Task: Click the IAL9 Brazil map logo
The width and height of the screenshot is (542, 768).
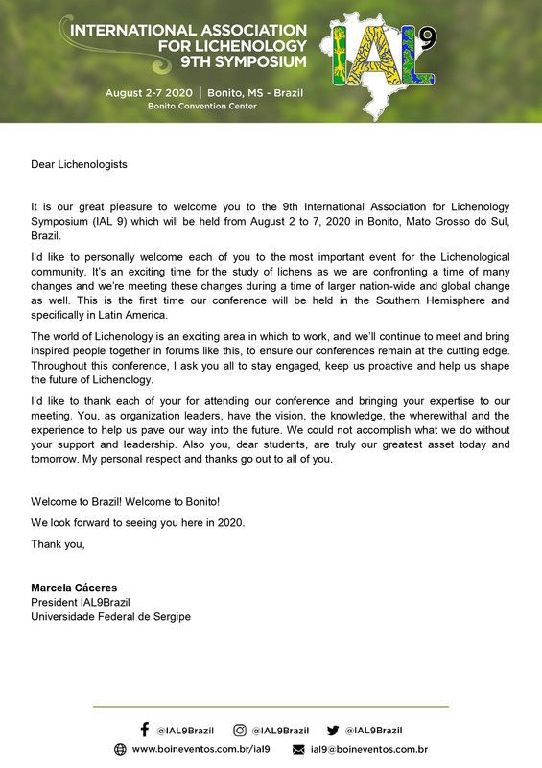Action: tap(381, 60)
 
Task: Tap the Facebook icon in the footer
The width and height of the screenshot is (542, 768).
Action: tap(145, 730)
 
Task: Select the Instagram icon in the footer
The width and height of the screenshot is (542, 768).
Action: tap(240, 730)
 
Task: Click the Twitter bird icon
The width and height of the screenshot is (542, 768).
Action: tap(333, 730)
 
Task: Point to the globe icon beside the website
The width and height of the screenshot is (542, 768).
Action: tap(120, 749)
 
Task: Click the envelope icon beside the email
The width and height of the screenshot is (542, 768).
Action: tap(298, 749)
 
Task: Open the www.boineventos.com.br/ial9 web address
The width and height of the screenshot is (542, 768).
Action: tap(200, 749)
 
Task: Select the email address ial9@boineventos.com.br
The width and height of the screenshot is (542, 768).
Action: tap(368, 749)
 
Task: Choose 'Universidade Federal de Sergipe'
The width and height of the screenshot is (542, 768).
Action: tap(110, 616)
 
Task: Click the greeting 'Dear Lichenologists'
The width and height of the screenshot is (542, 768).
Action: tap(79, 164)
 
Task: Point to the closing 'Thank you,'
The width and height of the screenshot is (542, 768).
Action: tap(58, 544)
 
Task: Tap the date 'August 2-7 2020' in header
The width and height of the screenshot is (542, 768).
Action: tap(154, 91)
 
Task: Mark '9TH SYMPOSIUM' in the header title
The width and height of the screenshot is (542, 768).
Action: tap(247, 62)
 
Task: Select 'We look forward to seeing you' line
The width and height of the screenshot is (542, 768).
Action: tap(137, 523)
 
